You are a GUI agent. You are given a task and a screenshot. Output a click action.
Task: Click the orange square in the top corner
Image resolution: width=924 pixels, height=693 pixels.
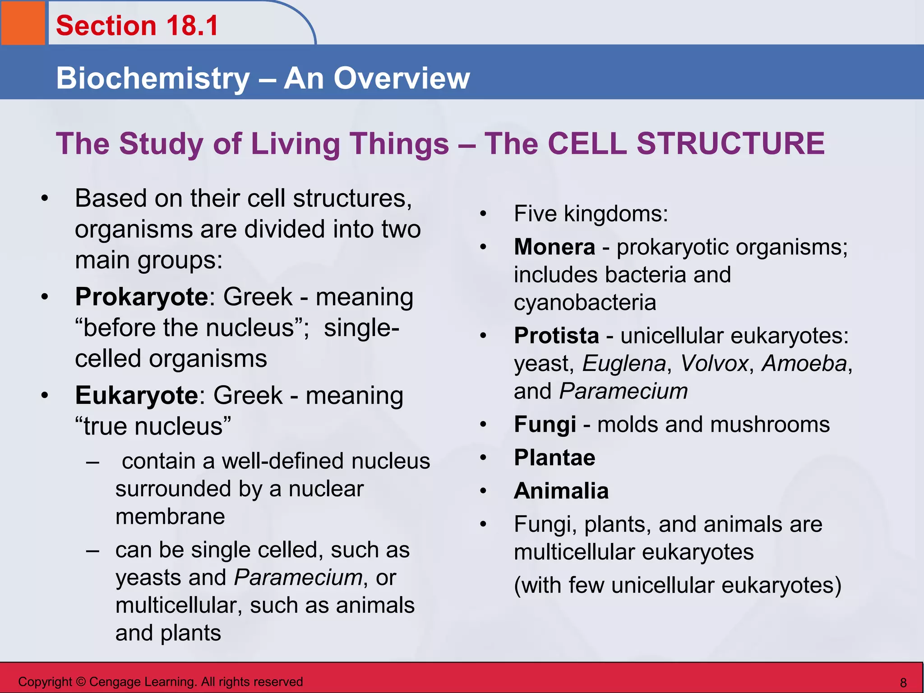click(23, 23)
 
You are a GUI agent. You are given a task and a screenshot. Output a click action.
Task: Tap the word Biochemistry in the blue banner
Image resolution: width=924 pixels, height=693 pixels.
click(152, 79)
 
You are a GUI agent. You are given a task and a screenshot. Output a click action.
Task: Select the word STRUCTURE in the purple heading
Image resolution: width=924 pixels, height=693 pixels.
click(730, 144)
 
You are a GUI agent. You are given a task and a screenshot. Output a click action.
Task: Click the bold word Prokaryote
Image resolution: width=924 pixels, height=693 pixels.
click(141, 297)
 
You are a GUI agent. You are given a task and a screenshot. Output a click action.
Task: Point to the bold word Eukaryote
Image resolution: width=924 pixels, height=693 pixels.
click(136, 396)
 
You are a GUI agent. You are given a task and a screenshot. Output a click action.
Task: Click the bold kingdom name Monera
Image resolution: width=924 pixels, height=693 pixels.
click(554, 247)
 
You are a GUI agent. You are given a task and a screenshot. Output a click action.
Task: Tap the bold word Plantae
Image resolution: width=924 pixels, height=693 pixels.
click(554, 458)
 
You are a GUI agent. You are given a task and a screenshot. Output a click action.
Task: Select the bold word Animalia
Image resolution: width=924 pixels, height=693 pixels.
click(561, 491)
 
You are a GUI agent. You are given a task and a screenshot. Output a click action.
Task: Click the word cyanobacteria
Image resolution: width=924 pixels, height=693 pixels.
click(585, 302)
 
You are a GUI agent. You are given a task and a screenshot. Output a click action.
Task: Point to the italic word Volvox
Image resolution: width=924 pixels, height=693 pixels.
click(714, 364)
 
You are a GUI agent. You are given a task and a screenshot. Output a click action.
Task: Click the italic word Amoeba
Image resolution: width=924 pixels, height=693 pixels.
click(804, 364)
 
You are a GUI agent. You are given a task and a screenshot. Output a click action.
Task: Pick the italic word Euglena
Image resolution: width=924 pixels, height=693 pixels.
click(624, 364)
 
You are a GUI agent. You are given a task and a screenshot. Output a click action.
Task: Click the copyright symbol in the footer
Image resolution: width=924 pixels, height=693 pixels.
click(80, 682)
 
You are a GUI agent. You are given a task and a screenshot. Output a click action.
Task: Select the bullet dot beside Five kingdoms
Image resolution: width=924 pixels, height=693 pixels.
click(483, 214)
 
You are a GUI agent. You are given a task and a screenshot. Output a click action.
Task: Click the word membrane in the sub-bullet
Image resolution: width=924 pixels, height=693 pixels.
click(170, 517)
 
